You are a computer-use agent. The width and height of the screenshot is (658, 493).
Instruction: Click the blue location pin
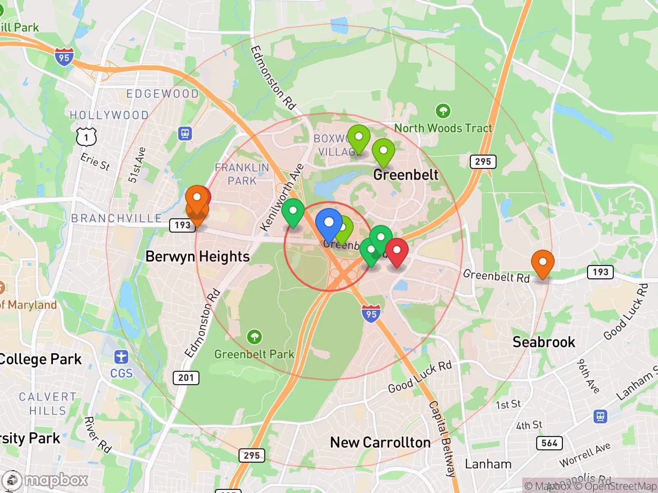coord(328,223)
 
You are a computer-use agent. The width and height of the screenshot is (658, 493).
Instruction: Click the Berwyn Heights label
coord(197,256)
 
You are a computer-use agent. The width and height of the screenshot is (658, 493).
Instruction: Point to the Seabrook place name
coord(543,342)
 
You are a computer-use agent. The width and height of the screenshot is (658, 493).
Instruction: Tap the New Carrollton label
coord(380,442)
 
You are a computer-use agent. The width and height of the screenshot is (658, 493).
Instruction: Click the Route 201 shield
coord(186,377)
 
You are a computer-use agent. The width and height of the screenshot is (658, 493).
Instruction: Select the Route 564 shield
coord(550,443)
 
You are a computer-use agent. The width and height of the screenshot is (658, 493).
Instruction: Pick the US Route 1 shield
coord(86,137)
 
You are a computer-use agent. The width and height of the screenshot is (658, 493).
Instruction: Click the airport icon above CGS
coord(121,356)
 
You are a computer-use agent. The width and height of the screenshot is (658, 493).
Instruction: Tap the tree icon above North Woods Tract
coord(443,110)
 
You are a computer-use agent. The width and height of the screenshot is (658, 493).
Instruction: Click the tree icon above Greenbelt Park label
coord(254,337)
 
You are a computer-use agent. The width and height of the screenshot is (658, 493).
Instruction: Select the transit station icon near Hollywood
coord(185,134)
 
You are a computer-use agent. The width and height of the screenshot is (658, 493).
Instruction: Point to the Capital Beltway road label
coord(443,439)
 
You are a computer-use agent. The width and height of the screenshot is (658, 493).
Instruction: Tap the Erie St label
coord(95,162)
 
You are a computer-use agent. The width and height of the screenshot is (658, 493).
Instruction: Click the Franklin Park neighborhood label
coord(242,174)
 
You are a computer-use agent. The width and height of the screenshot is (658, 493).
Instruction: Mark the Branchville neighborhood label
coord(117,218)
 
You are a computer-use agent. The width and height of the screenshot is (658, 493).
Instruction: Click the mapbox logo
coord(45,481)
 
